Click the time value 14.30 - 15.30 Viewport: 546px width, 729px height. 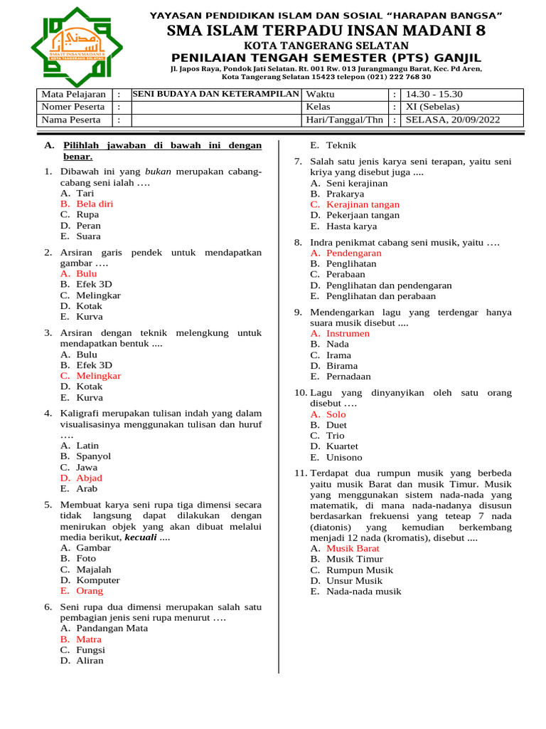click(433, 95)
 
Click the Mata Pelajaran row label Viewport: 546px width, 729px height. click(73, 95)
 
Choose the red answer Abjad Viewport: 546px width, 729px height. click(89, 478)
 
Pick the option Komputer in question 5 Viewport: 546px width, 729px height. click(98, 580)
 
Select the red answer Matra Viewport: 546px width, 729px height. click(89, 639)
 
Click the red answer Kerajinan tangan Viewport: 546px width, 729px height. click(363, 204)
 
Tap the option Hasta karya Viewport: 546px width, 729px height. click(351, 226)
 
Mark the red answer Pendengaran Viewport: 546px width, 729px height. click(353, 253)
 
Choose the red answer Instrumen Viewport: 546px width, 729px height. click(348, 333)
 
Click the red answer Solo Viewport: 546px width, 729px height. click(336, 414)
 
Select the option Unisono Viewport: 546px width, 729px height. click(344, 457)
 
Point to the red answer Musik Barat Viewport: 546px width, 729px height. click(353, 548)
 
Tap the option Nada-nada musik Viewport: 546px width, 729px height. click(363, 591)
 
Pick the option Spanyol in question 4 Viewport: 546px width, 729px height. click(93, 456)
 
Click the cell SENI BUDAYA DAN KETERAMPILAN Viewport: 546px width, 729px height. click(216, 95)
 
